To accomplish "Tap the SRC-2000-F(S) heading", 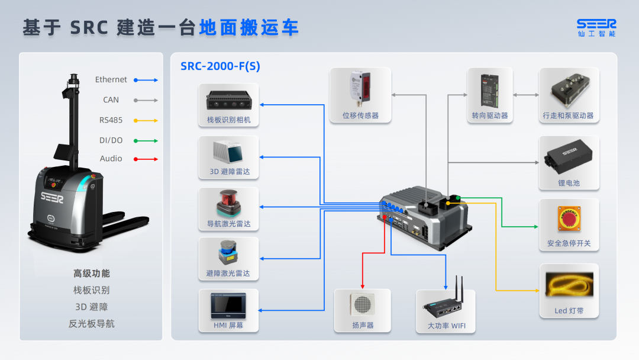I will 220,66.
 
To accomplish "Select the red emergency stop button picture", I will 569,219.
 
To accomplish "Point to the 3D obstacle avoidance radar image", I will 228,152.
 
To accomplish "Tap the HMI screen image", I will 228,304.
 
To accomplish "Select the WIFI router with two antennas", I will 445,300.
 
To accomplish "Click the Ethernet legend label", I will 111,79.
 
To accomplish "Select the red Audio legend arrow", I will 146,159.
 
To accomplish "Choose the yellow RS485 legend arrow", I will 146,120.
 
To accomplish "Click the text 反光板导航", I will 92,324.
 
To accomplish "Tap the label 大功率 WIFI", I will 447,326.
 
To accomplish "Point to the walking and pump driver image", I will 568,89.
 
